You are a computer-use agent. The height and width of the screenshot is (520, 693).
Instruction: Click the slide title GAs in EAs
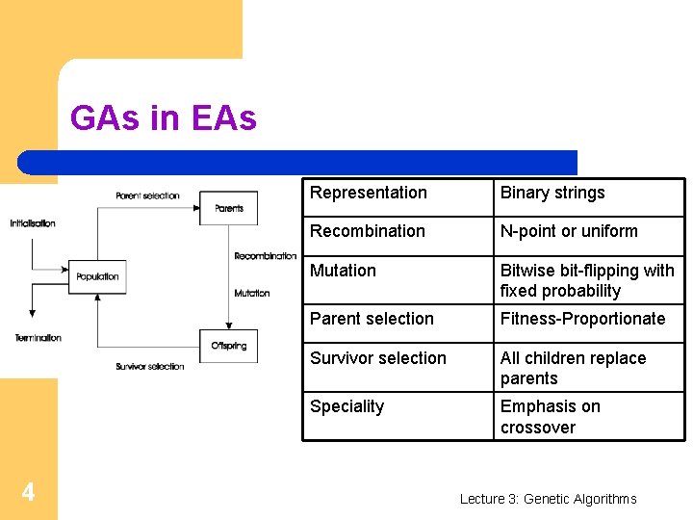point(164,118)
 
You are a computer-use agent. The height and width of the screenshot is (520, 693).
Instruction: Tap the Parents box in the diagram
point(228,208)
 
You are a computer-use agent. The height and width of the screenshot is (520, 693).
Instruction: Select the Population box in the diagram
point(97,276)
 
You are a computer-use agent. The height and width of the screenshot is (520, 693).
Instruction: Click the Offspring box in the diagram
point(228,346)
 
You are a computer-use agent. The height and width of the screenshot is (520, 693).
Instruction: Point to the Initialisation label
point(33,223)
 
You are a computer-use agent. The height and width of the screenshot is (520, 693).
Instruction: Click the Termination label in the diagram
point(38,338)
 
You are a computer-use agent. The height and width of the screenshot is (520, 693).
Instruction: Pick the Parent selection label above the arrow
point(147,195)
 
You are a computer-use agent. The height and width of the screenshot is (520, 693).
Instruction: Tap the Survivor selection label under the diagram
point(149,367)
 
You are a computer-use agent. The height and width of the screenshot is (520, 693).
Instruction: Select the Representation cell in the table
point(369,193)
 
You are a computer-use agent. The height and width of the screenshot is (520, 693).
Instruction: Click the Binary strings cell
point(552,193)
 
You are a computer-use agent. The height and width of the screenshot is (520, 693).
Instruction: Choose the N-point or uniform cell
point(569,231)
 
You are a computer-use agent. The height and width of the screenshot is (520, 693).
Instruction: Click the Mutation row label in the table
point(344,271)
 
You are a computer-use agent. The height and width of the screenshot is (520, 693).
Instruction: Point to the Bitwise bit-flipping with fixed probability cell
point(587,280)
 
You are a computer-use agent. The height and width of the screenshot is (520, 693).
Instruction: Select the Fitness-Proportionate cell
point(582,319)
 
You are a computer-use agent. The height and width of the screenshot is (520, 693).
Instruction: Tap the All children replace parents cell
point(573,368)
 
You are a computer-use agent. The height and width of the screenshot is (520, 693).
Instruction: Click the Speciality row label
point(347,406)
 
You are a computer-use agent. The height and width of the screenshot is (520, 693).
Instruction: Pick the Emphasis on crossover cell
point(550,417)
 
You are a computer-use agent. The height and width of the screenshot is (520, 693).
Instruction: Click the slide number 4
point(28,493)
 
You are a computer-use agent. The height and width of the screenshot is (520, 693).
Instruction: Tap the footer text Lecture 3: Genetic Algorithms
point(548,499)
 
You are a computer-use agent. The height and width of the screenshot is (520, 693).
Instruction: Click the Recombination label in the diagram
point(266,256)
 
